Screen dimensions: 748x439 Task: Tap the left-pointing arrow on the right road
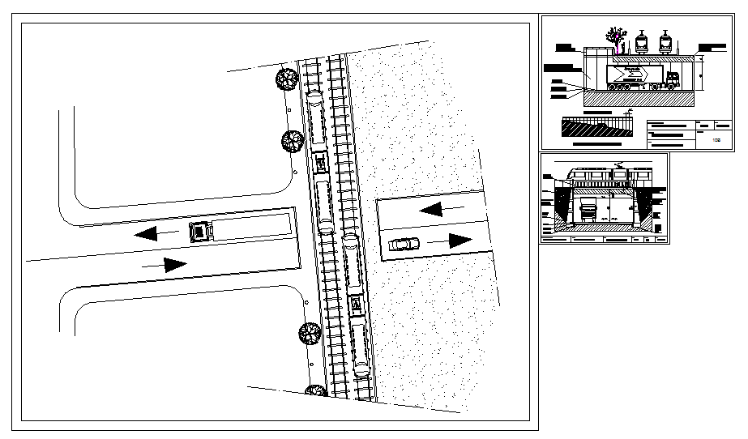coord(431,210)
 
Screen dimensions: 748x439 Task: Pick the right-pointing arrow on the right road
coord(459,240)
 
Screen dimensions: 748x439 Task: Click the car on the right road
coord(404,244)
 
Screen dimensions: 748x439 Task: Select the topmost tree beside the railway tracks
coord(286,79)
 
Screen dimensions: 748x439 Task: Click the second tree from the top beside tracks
coord(292,142)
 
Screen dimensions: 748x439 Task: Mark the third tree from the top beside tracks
coord(310,333)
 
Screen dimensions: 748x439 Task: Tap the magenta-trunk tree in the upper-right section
coord(618,36)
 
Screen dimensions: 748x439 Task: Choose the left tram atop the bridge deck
coord(643,42)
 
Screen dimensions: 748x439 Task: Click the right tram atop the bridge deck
coord(665,42)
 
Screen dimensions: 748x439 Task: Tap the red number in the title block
coord(716,140)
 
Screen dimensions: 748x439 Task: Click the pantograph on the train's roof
coord(619,165)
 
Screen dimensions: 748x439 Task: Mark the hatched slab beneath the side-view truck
coord(640,97)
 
